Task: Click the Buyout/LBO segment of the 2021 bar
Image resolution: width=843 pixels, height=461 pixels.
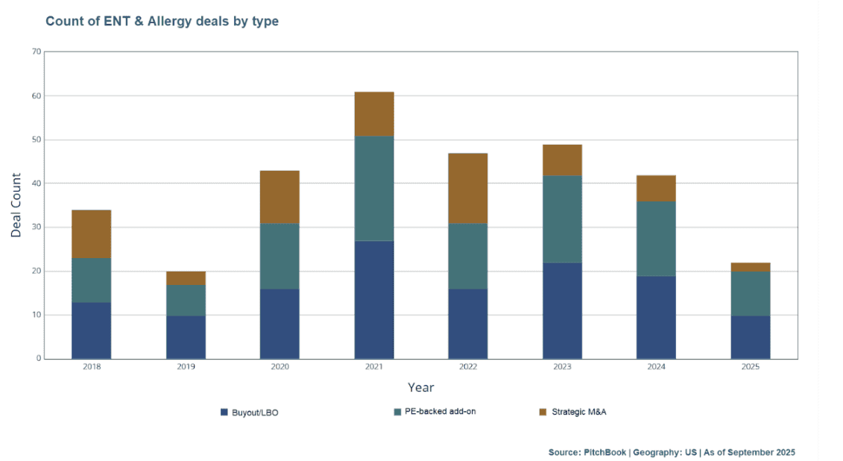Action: click(x=373, y=299)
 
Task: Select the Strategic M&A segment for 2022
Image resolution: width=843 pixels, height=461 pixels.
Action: click(x=467, y=188)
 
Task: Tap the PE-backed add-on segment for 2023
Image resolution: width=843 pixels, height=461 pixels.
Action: click(x=562, y=219)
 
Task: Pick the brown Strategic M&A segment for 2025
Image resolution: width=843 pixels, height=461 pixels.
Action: click(x=750, y=267)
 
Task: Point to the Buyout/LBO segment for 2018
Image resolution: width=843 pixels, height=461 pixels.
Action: click(x=91, y=330)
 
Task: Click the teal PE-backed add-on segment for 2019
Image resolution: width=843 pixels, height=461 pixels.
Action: click(x=186, y=300)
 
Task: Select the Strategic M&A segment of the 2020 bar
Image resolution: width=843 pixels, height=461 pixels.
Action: click(x=280, y=197)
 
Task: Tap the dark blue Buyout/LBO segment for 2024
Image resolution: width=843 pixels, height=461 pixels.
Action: click(x=656, y=317)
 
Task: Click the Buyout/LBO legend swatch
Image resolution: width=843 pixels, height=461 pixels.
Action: click(x=224, y=412)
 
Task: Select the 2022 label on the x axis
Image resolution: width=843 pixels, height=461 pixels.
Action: click(x=467, y=368)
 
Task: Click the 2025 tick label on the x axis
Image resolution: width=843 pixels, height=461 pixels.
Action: click(x=750, y=368)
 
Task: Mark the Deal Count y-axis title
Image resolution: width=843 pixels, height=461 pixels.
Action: click(x=16, y=206)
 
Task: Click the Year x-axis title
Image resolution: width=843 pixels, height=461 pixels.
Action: click(x=420, y=387)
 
